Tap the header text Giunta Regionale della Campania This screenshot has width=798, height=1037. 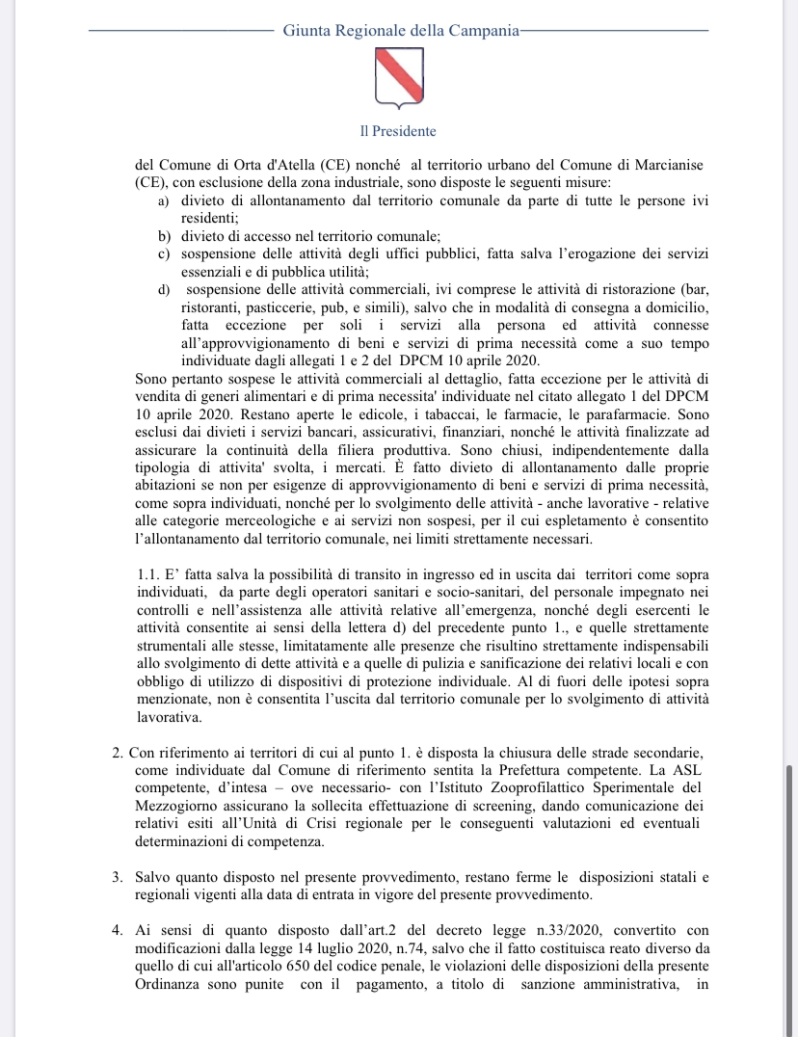[400, 30]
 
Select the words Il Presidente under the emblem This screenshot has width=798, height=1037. [399, 131]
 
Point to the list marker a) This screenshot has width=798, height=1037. [163, 200]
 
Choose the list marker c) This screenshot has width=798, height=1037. [163, 253]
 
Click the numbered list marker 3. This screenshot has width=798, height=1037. [117, 878]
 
